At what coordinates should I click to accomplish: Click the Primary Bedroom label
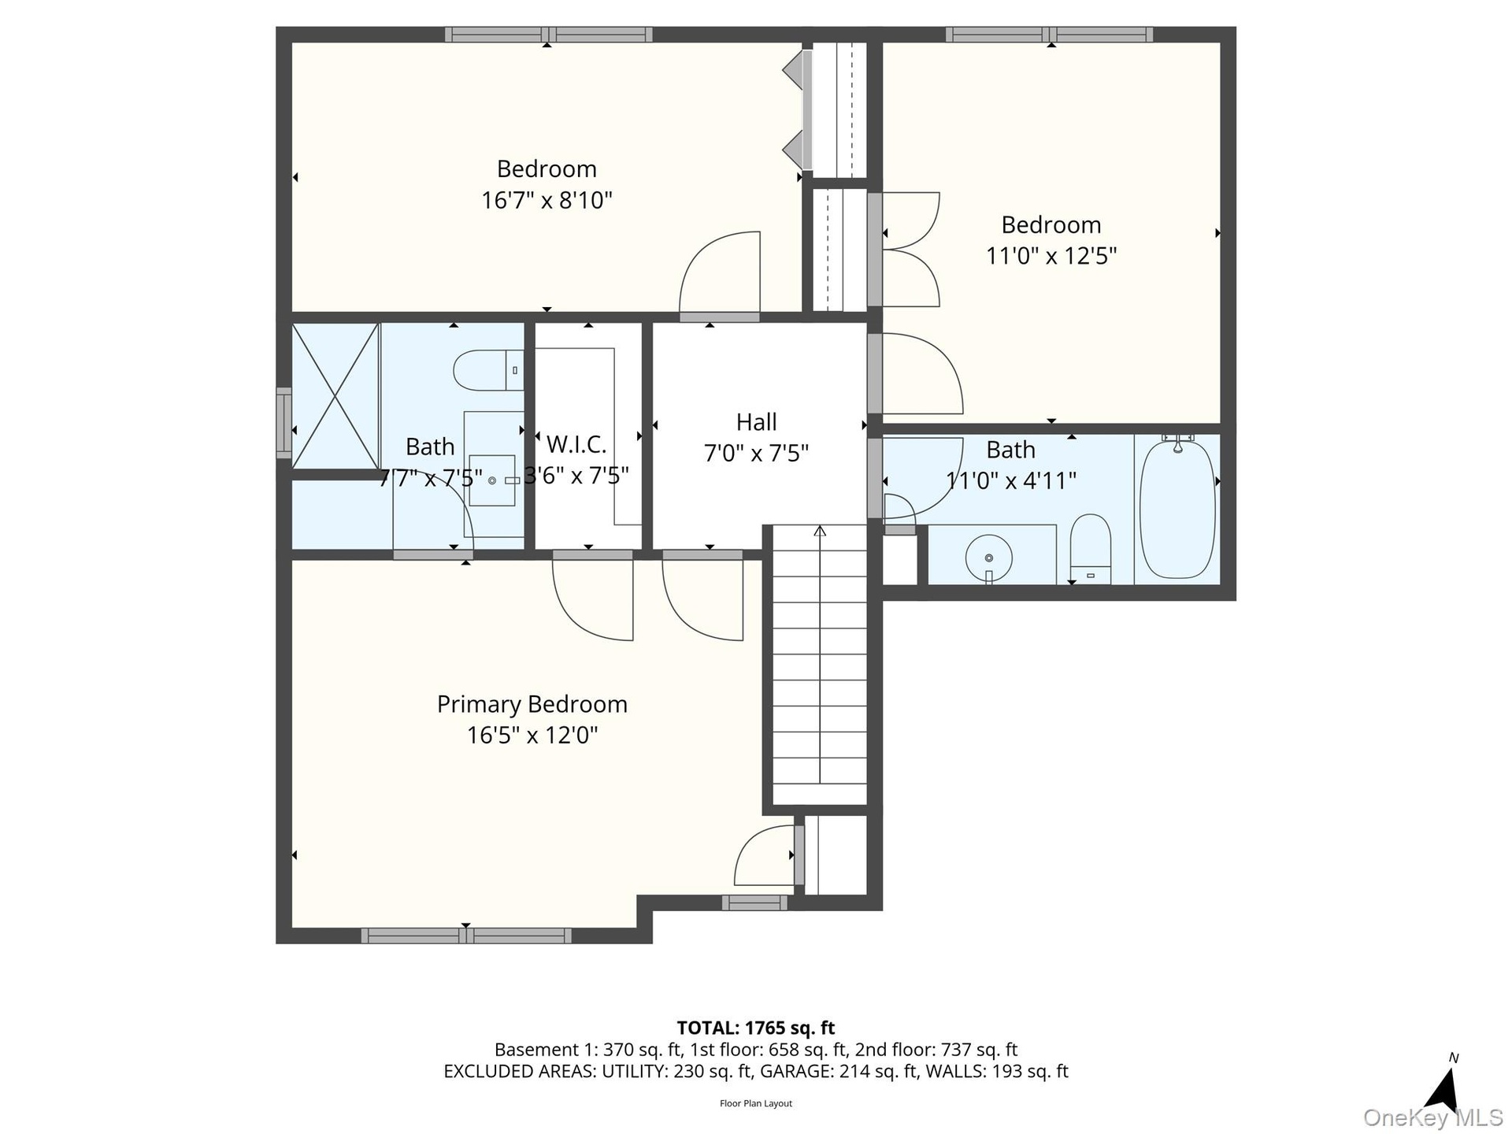point(532,704)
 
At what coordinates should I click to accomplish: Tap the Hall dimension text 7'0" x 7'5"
point(756,454)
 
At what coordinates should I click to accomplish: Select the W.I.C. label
point(576,445)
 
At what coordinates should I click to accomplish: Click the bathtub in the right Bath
point(1177,509)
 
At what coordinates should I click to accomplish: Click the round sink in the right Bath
point(989,558)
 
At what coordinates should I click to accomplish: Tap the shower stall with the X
point(336,395)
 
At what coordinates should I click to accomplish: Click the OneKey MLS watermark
point(1433,1117)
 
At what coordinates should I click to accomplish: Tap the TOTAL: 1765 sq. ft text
point(756,1028)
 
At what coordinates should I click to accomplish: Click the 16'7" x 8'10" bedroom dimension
point(547,200)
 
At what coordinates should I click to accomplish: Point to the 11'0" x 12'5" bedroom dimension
point(1051,256)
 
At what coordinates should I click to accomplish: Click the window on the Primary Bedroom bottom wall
point(466,936)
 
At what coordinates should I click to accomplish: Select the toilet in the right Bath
point(1091,549)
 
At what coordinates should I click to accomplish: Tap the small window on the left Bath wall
point(283,423)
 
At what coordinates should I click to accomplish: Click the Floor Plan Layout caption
point(756,1103)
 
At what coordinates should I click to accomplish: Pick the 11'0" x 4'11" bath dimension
point(1010,480)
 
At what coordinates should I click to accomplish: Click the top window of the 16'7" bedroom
point(548,35)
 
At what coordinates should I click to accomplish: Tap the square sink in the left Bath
point(492,480)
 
